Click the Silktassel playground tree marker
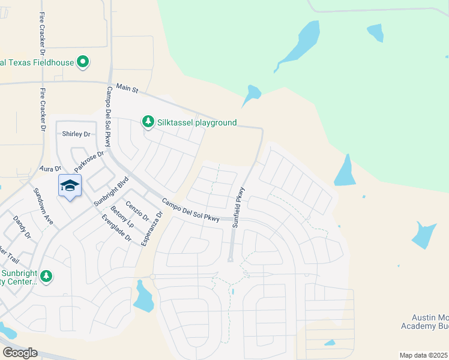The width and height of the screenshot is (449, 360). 148,122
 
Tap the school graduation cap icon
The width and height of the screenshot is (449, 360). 70,185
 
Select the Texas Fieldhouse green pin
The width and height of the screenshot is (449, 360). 83,62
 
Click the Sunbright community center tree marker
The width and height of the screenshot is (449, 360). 46,277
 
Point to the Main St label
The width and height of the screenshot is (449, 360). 127,89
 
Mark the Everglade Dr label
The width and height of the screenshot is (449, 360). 116,228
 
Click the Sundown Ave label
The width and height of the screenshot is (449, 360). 43,206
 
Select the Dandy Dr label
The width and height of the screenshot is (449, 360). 22,227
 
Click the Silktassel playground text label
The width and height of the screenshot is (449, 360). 197,122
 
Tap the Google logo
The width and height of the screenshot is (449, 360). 19,353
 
